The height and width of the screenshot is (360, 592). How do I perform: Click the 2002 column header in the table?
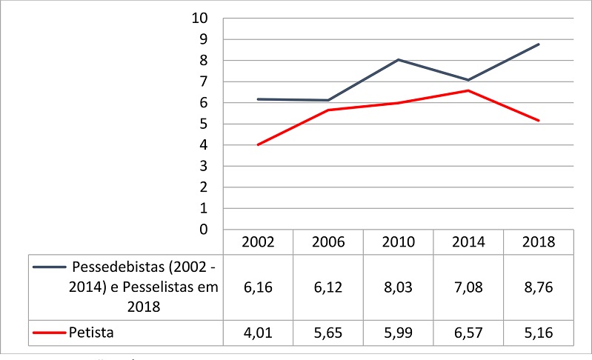(x=258, y=242)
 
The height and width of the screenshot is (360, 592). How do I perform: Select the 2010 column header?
(x=398, y=242)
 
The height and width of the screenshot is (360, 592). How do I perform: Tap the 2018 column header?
(x=539, y=242)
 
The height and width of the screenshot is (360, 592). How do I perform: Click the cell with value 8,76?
(x=539, y=287)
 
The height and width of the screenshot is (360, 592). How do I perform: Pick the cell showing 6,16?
(x=258, y=287)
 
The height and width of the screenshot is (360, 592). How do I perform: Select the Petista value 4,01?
(x=258, y=333)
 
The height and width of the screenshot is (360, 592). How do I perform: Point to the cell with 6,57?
(x=468, y=333)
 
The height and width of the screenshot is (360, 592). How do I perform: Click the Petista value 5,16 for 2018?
(x=539, y=333)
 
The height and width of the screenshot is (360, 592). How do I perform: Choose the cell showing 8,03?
(x=398, y=287)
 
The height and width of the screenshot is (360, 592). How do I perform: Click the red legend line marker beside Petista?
(x=49, y=333)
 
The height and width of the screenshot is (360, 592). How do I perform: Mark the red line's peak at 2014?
(x=468, y=90)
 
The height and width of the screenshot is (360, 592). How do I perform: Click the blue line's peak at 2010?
(x=398, y=59)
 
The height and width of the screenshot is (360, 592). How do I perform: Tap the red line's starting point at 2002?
(x=258, y=144)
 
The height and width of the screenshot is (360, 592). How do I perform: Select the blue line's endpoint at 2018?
(x=539, y=44)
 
